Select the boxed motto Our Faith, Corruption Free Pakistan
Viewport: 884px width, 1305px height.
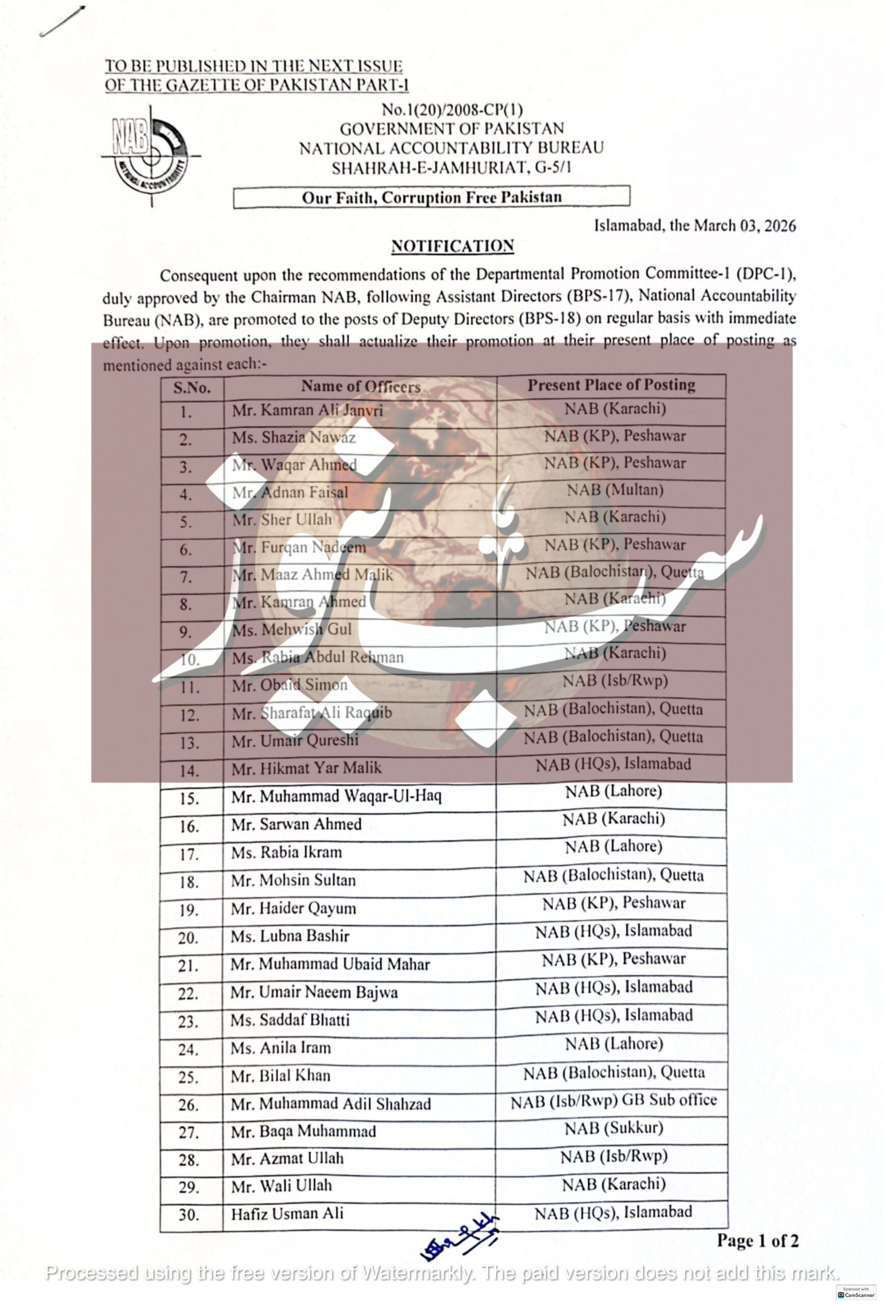[431, 197]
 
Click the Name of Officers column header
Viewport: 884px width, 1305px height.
[360, 386]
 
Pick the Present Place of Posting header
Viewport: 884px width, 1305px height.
[611, 385]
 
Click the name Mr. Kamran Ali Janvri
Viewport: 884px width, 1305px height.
[307, 410]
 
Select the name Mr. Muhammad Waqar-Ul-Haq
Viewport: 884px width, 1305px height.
[336, 796]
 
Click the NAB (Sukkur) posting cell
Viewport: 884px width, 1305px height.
[613, 1128]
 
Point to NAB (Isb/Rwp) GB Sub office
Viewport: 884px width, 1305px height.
[613, 1100]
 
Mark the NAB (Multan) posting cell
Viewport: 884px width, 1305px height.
[614, 490]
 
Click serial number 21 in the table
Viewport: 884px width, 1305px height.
[188, 966]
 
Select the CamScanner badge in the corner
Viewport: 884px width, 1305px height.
[855, 1292]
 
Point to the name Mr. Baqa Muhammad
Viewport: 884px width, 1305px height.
[303, 1131]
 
